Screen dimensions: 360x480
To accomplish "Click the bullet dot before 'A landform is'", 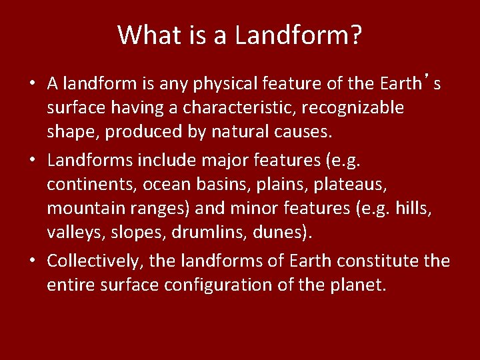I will (x=31, y=84).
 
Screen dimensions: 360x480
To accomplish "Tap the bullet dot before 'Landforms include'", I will (x=31, y=160).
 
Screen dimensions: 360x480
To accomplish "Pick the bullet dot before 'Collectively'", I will (x=31, y=261).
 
